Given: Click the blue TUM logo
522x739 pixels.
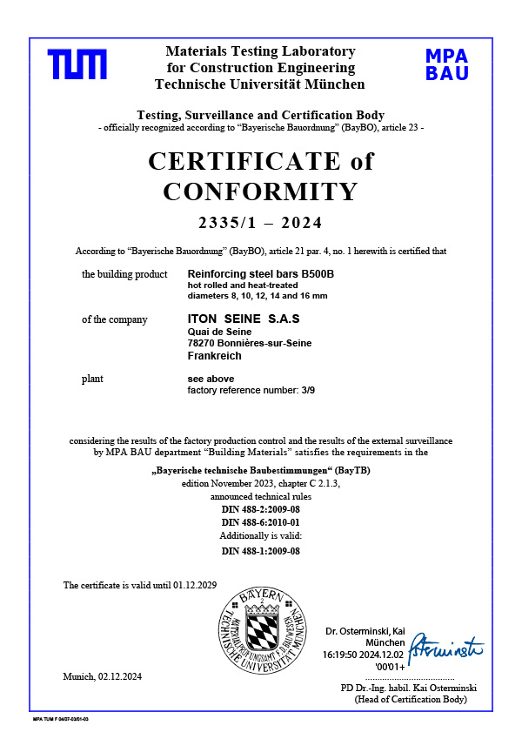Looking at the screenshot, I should pyautogui.click(x=77, y=64).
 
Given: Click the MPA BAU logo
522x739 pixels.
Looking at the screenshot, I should pyautogui.click(x=447, y=64).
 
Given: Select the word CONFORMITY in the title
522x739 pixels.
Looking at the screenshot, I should pyautogui.click(x=260, y=191).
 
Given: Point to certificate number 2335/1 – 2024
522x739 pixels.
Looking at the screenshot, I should pyautogui.click(x=260, y=222).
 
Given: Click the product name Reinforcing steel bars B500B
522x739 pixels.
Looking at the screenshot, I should pyautogui.click(x=261, y=274).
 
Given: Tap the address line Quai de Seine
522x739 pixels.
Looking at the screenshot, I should pyautogui.click(x=219, y=332).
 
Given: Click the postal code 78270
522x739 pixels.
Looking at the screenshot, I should pyautogui.click(x=204, y=344).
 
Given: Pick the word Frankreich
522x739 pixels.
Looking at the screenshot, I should pyautogui.click(x=214, y=356).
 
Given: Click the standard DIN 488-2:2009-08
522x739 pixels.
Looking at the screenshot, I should pyautogui.click(x=260, y=508).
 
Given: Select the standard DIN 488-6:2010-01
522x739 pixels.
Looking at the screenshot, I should pyautogui.click(x=260, y=521).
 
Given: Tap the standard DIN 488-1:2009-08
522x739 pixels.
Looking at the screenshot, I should pyautogui.click(x=260, y=551).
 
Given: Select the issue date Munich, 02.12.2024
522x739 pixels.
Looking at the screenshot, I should pyautogui.click(x=102, y=676).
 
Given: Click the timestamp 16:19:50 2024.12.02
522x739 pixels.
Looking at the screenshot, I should pyautogui.click(x=364, y=652).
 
